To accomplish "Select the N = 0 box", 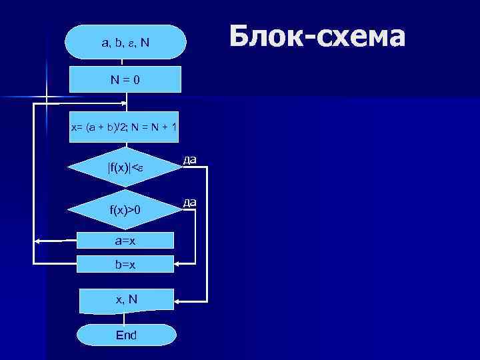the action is click(125, 79).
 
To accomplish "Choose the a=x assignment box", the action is click(125, 240).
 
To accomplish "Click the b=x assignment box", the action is click(125, 264).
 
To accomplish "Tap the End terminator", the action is click(126, 335).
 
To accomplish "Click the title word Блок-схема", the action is click(317, 37).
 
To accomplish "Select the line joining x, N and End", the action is click(126, 319).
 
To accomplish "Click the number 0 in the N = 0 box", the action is click(136, 79).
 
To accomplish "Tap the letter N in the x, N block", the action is click(133, 300).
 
